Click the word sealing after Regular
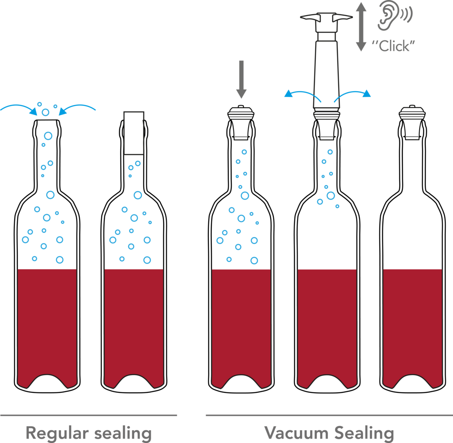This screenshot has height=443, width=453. click(x=123, y=433)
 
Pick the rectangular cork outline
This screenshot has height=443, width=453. click(x=134, y=133)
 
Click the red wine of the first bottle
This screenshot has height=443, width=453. click(x=47, y=324)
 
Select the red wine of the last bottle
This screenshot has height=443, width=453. click(x=413, y=324)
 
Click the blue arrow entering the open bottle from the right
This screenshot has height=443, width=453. click(x=78, y=108)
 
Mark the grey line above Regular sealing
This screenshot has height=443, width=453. click(x=89, y=415)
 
